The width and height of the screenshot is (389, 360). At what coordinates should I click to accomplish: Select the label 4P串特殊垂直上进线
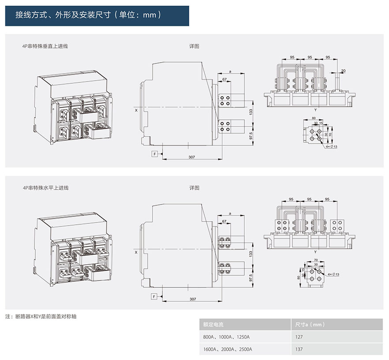point(45,46)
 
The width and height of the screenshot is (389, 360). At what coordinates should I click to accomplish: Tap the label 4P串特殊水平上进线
point(45,188)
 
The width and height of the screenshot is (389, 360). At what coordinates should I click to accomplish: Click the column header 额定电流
point(213,324)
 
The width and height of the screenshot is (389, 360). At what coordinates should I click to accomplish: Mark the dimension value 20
point(344,71)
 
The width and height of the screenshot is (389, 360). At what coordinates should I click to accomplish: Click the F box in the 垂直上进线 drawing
point(155,153)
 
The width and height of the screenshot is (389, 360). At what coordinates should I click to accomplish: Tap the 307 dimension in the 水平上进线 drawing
point(192,299)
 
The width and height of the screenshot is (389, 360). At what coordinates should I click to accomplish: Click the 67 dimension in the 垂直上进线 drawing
point(224,79)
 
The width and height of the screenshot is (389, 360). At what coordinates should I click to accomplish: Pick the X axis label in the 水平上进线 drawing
point(136,252)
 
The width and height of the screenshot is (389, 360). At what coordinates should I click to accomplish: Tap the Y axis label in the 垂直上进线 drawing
point(315,109)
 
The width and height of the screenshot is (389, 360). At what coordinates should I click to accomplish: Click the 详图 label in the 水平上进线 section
point(194,188)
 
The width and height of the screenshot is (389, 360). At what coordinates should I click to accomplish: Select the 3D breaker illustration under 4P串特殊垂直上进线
point(71,108)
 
